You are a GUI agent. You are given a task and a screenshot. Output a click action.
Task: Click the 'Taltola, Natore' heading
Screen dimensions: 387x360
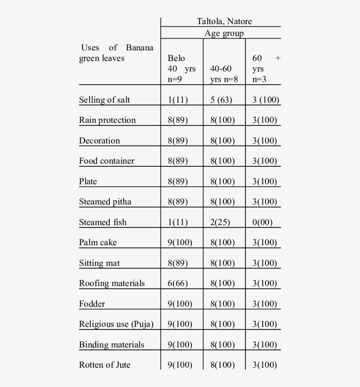coord(224,21)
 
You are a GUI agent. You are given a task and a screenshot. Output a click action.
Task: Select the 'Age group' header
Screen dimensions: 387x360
coord(224,33)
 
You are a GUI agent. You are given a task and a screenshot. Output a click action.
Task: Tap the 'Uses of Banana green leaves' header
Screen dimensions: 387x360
coord(116,53)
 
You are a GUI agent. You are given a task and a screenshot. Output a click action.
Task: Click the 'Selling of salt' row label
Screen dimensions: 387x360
coord(104,100)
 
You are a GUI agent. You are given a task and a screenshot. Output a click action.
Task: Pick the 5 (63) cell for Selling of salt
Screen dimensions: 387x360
coord(221,100)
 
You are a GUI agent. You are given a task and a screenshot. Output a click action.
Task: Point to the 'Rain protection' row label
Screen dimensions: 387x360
coord(108,120)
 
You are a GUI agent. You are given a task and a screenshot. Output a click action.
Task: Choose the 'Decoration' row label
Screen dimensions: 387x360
coord(99,141)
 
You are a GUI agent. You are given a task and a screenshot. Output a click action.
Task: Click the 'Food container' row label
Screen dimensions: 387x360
coord(107,161)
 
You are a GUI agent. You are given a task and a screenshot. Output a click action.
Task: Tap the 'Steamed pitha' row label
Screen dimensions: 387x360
coord(105,202)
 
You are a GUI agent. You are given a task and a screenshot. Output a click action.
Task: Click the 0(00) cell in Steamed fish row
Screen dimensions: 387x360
coord(263,222)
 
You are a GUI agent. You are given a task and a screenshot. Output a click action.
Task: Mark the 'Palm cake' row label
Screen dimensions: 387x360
coord(98,243)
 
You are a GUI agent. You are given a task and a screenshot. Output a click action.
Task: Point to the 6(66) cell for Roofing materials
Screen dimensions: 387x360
coord(178,283)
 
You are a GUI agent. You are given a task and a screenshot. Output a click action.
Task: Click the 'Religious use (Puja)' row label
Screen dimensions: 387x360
coord(116,324)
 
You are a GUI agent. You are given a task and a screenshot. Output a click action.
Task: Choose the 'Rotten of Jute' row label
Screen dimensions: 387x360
coord(104,365)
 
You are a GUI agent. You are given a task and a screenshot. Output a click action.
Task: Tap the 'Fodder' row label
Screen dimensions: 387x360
coord(92,304)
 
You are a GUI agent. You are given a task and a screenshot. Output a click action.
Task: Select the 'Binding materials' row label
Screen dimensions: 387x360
coord(112,345)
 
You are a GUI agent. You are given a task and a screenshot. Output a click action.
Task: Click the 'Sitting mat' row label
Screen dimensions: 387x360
coord(99,263)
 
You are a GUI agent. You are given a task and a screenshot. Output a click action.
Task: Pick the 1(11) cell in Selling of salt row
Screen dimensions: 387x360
coord(178,100)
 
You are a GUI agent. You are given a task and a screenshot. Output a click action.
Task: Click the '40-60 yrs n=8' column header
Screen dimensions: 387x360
coord(224,74)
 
